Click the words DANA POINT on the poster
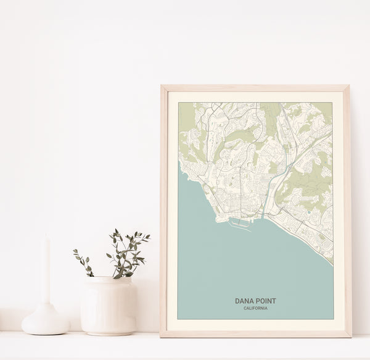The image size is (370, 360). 255,301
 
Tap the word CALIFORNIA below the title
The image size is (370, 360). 255,308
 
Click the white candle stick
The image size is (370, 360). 46,272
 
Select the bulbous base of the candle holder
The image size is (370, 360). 46,321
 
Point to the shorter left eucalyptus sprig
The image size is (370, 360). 83,262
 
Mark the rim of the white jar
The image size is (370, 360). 109,280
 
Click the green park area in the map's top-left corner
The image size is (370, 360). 186,117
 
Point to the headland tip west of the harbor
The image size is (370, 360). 218,218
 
